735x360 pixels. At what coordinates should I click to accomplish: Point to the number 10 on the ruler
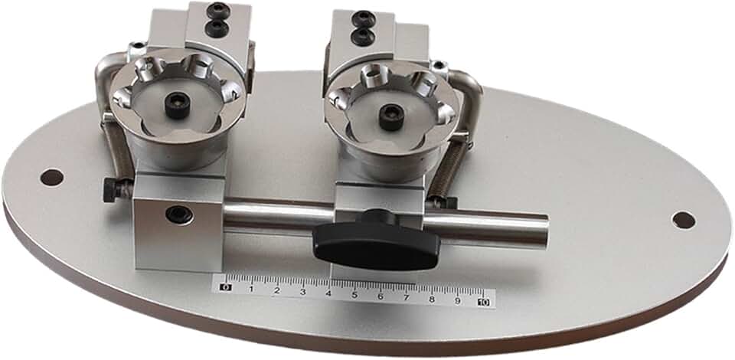point(483,302)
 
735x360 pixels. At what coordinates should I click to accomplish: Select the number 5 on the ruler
point(354,294)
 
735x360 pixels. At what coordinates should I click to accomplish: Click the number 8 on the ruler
point(432,299)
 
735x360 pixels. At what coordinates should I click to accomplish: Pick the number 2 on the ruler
point(276,290)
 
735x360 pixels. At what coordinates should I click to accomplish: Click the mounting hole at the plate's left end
point(51,178)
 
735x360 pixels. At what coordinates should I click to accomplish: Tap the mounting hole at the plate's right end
point(683,220)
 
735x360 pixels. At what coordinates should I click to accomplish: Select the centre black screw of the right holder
point(391,117)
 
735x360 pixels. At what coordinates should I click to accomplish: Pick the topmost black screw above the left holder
point(218,11)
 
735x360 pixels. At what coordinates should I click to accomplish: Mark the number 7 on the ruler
point(406,297)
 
